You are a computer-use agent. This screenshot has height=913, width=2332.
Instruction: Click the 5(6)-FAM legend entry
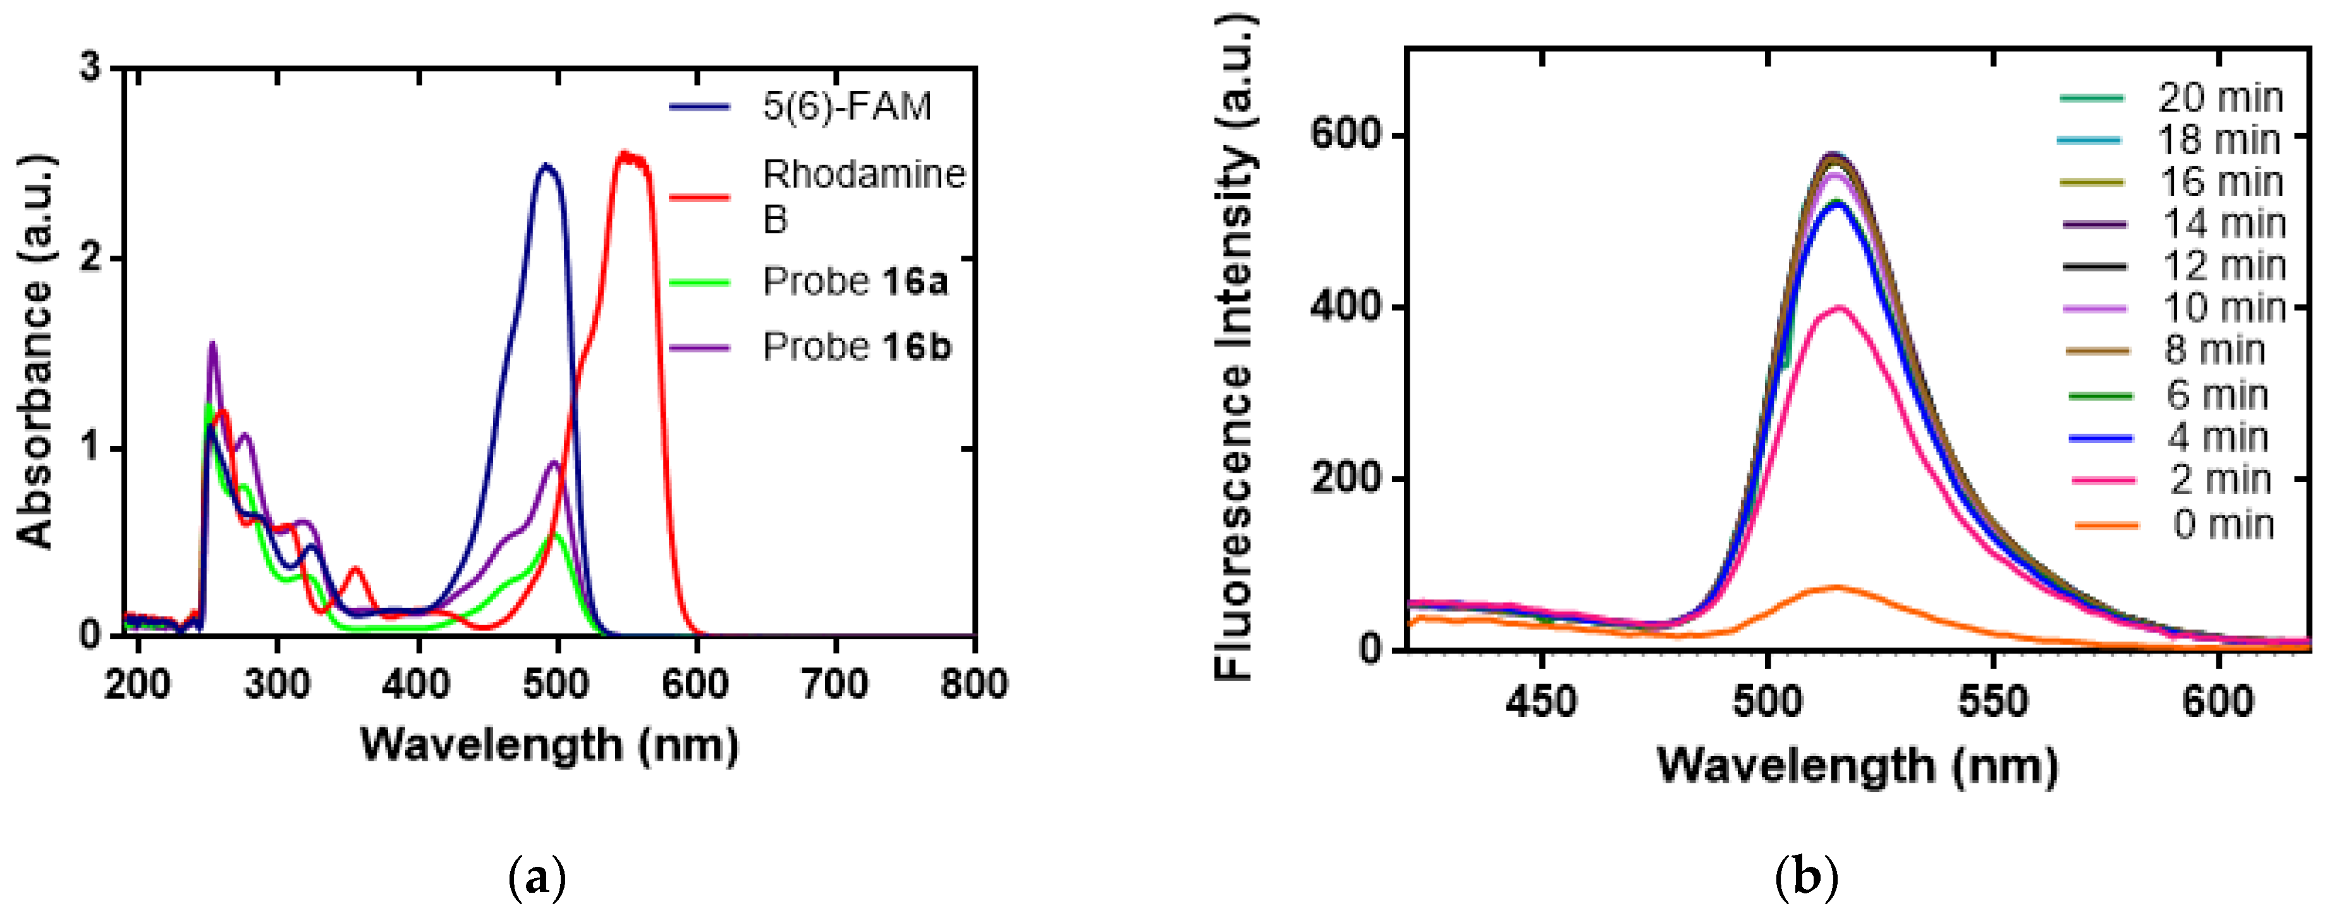tap(846, 107)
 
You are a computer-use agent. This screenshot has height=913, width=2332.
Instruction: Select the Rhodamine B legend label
tap(864, 196)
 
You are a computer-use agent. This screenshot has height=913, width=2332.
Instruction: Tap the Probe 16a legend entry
tap(855, 282)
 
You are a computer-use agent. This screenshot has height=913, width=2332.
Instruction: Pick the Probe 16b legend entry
tap(857, 347)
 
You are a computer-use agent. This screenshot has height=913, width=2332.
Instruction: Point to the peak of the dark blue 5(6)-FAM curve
tap(545, 166)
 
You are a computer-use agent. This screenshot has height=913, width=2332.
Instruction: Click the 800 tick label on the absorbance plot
tap(973, 685)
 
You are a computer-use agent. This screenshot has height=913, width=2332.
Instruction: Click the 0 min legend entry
tap(2223, 525)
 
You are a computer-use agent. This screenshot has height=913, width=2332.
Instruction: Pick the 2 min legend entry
tap(2219, 480)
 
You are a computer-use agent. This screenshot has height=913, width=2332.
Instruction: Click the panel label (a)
tap(538, 877)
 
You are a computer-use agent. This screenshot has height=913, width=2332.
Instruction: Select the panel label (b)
tap(1807, 877)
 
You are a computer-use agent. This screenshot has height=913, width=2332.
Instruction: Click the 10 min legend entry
tap(2223, 309)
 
